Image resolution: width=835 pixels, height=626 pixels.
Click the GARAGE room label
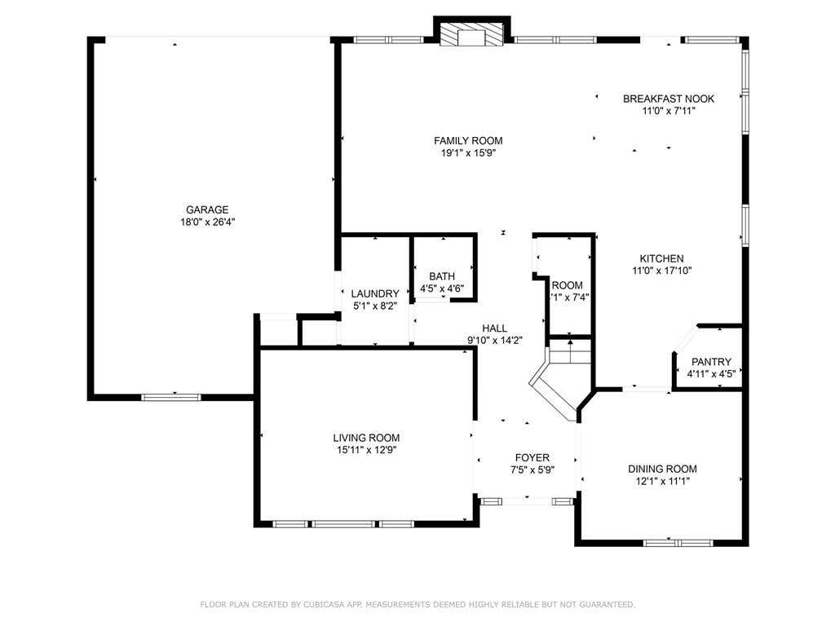coord(207,209)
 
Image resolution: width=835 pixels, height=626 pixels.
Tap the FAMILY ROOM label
coord(468,140)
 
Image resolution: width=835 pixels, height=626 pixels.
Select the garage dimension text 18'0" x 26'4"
coord(208,222)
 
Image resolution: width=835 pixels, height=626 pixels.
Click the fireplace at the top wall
coord(472,34)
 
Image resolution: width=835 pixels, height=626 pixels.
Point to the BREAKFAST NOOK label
coord(669,99)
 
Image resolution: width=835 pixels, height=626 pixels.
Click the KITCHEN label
coord(662,258)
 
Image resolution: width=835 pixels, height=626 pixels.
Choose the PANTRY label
coord(711,362)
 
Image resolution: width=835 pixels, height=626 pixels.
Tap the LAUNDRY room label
coord(375,293)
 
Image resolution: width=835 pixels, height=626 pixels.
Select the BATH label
coord(442,276)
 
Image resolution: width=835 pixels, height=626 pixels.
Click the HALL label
coord(495,328)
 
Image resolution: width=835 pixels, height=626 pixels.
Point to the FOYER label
coord(532,458)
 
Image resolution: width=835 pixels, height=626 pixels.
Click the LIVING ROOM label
coord(366,438)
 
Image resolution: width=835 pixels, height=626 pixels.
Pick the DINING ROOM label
coord(662,469)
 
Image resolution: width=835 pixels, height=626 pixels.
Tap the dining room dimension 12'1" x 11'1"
coord(662,481)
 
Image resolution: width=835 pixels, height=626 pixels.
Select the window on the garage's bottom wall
coord(171,397)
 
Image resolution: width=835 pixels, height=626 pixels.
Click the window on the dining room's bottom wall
coord(678,543)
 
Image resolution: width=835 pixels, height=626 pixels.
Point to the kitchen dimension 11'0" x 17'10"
coord(662,271)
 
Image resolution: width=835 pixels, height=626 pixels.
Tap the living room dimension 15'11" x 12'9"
coord(366,450)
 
